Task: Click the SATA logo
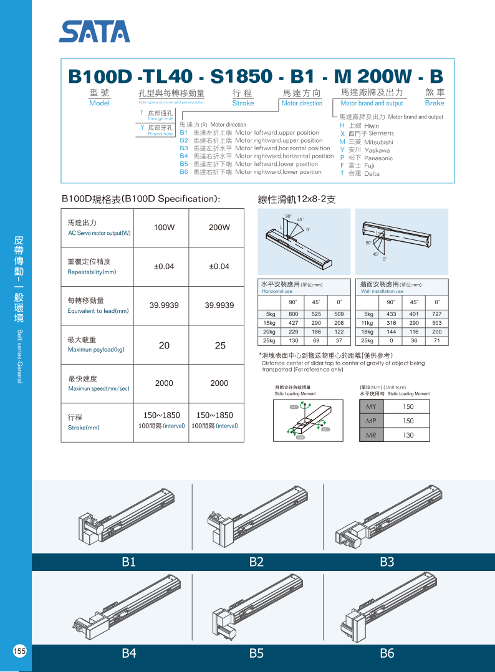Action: click(95, 31)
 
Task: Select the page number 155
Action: click(19, 651)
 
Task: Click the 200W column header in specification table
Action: click(219, 228)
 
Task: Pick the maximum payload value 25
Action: click(219, 345)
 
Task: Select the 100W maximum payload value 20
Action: click(164, 345)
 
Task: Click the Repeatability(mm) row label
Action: click(92, 272)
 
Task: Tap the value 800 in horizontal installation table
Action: click(293, 314)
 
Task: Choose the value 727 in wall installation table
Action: click(437, 314)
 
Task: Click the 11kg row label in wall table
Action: click(368, 323)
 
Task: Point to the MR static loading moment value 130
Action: click(408, 435)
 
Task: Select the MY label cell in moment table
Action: click(371, 406)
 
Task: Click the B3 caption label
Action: click(387, 562)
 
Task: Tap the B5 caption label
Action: click(256, 653)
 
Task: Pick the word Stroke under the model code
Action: click(243, 103)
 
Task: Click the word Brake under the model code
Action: click(435, 103)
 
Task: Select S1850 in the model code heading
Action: click(242, 76)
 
